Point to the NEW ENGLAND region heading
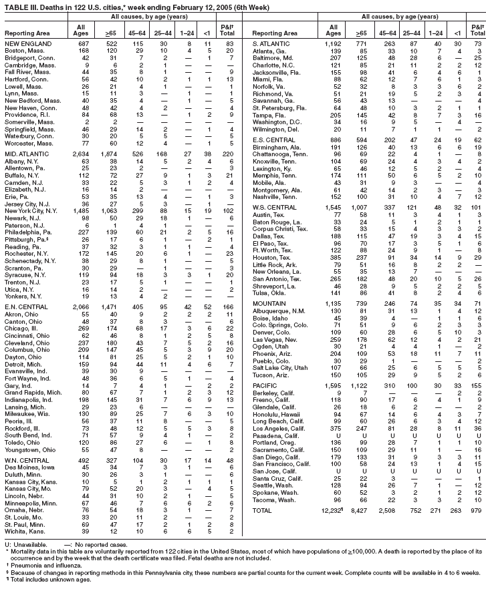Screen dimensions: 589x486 pyautogui.click(x=27, y=43)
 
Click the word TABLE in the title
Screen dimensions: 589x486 pyautogui.click(x=13, y=5)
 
